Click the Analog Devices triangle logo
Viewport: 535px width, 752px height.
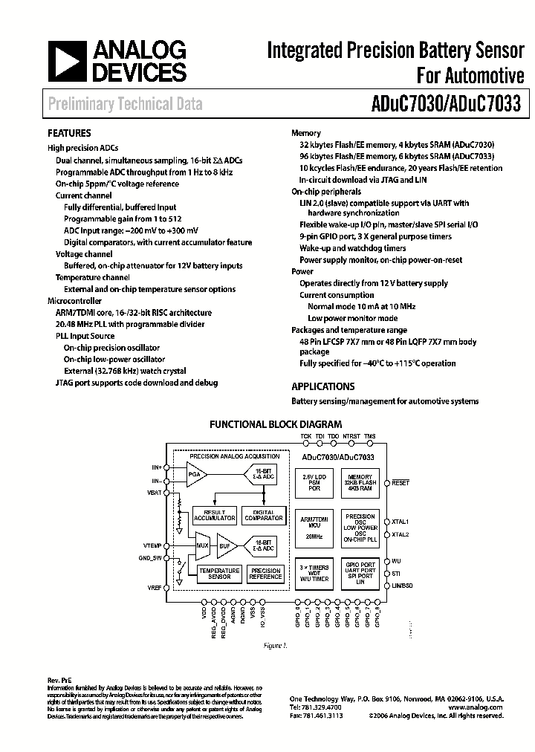tap(66, 61)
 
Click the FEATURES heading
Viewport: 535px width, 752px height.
tap(69, 134)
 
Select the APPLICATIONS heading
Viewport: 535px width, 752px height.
tap(322, 386)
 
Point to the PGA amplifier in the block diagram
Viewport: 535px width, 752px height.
tap(195, 473)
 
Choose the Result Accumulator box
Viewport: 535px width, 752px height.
tap(214, 516)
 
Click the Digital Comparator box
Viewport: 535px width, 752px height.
tap(264, 516)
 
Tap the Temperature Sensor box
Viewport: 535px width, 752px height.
tap(219, 574)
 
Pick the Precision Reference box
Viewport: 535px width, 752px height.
tap(266, 574)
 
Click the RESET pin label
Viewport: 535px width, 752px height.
tap(401, 483)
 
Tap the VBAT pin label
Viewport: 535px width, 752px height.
tap(155, 492)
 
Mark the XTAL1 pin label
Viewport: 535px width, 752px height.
tap(401, 522)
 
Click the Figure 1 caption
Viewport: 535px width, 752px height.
tap(275, 645)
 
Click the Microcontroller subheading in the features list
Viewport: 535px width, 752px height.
tap(73, 302)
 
